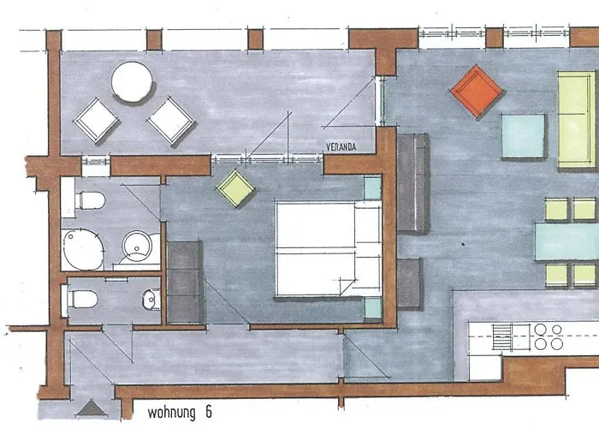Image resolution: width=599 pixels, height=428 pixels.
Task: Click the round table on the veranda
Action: (132, 82)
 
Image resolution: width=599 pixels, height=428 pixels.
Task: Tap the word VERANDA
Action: (340, 147)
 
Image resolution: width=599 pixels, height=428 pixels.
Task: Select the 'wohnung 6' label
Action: (179, 412)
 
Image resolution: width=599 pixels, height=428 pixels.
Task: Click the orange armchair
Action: (477, 92)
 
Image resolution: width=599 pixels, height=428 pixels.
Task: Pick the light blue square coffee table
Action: (523, 137)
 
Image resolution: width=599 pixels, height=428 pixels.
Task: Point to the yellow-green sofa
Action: (577, 119)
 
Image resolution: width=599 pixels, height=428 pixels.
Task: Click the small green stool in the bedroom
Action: (235, 188)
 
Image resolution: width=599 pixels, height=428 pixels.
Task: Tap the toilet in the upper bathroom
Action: (89, 201)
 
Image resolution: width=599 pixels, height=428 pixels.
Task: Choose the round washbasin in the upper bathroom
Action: (136, 246)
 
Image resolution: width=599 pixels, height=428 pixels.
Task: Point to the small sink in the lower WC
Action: (151, 300)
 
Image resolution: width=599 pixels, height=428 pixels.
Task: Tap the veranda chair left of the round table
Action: (96, 121)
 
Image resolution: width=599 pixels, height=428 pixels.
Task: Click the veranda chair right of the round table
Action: (171, 120)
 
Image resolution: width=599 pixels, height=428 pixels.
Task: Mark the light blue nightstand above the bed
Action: (372, 187)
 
